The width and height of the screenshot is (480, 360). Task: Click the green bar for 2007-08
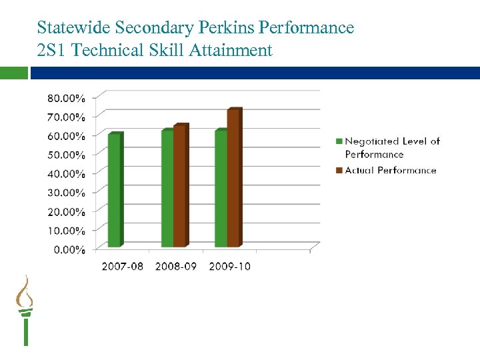pyautogui.click(x=115, y=190)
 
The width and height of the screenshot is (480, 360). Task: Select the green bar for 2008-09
pyautogui.click(x=167, y=188)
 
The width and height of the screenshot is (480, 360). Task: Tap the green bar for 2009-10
pyautogui.click(x=221, y=188)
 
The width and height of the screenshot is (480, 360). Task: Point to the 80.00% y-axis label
pyautogui.click(x=66, y=98)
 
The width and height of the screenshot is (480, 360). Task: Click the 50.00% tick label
pyautogui.click(x=66, y=155)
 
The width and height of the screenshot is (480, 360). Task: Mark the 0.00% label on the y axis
pyautogui.click(x=69, y=250)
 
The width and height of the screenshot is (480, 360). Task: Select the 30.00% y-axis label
pyautogui.click(x=66, y=193)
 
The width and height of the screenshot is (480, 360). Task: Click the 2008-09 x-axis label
pyautogui.click(x=175, y=267)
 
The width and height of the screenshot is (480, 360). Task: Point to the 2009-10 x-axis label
pyautogui.click(x=229, y=267)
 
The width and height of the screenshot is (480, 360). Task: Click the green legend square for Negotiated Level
pyautogui.click(x=339, y=141)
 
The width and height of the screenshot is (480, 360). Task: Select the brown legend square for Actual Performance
pyautogui.click(x=339, y=171)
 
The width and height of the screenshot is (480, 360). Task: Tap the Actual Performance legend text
pyautogui.click(x=391, y=171)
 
